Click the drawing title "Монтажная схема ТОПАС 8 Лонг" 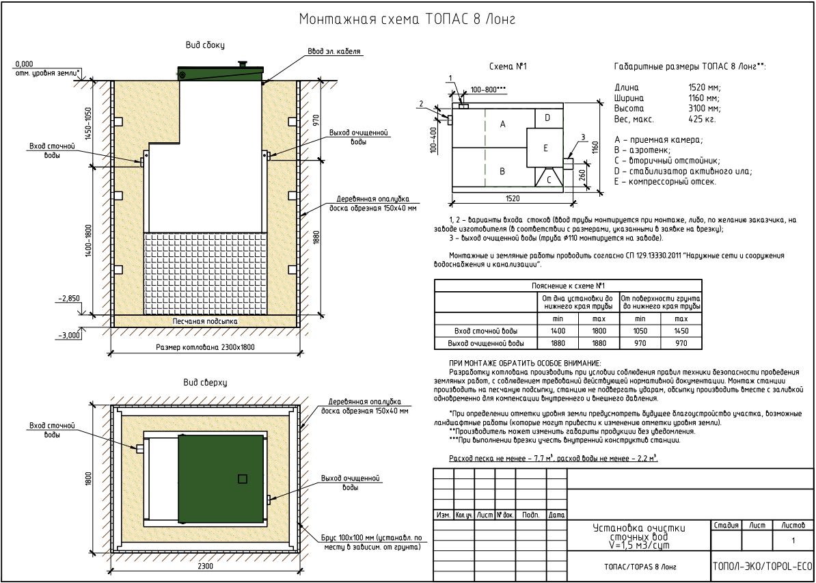coord(407,20)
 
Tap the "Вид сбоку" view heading coord(205,45)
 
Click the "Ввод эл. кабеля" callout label coord(334,51)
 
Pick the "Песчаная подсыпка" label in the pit coord(205,321)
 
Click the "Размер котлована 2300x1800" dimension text coord(204,348)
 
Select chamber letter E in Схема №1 coord(545,148)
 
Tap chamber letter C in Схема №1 coord(548,179)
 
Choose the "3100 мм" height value coord(705,108)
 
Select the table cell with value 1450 coord(681,331)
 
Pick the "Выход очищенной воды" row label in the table coord(485,343)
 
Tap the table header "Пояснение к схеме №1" coord(568,286)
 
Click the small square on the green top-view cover coord(242,479)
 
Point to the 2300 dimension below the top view coord(206,565)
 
